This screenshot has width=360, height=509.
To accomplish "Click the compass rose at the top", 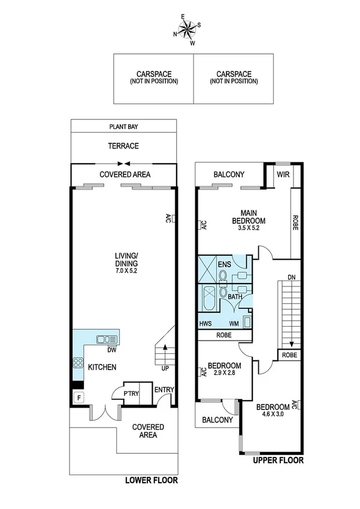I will click(187, 29).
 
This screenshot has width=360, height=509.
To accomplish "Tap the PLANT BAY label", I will click(123, 127).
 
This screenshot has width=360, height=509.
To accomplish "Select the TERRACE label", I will click(123, 146).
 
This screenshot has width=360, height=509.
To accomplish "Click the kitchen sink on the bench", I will click(102, 339).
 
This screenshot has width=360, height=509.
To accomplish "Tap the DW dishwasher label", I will click(111, 350).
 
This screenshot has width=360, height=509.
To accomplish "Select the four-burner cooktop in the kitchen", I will click(78, 363).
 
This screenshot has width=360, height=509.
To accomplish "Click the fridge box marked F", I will click(77, 396).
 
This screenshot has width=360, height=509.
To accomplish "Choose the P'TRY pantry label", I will click(131, 394).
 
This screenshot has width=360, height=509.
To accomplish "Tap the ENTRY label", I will click(164, 390).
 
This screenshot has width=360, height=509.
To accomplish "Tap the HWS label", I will click(205, 323).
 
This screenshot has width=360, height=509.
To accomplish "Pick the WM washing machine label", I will click(234, 323).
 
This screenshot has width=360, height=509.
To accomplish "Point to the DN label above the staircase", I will click(291, 278).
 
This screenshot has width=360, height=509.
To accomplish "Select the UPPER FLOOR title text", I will click(278, 460).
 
